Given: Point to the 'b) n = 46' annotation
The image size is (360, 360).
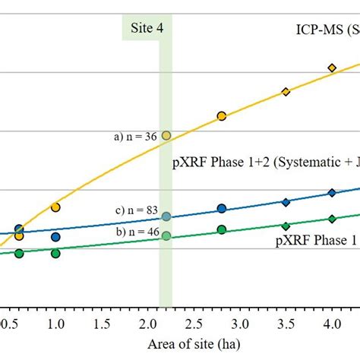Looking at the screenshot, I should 136,231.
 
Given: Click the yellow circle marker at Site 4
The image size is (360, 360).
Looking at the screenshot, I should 166,136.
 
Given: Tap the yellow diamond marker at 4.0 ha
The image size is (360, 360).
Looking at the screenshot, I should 332,68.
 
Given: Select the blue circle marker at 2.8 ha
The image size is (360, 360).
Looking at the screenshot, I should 222,208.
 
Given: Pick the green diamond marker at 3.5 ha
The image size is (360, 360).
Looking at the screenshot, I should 286,226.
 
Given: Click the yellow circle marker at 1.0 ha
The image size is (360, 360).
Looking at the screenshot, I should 55,207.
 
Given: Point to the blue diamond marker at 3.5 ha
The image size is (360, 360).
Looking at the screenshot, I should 286,202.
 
